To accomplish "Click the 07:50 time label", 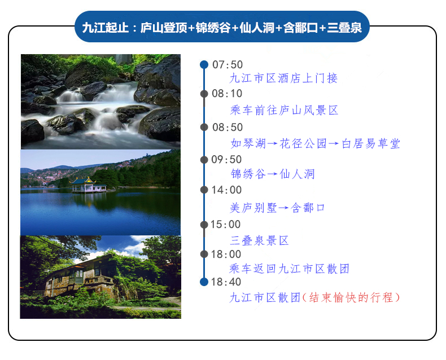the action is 228,65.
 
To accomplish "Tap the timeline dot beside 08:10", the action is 204,94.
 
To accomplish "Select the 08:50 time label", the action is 228,128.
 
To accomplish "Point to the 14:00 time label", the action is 226,190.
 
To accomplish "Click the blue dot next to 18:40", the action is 204,282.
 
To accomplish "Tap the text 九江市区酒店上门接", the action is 283,78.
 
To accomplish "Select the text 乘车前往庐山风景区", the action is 284,111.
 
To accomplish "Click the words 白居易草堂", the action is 371,143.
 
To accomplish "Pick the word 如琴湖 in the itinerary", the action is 248,143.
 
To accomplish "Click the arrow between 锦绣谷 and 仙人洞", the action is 272,174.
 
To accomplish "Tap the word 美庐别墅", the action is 253,208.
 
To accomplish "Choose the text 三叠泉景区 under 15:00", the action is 259,241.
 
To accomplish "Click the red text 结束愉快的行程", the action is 351,298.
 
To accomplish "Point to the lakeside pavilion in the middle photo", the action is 89,185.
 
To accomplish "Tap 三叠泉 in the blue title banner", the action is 344,28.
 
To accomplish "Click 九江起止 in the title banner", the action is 105,28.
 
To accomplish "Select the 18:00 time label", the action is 226,254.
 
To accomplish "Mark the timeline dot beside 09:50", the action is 204,160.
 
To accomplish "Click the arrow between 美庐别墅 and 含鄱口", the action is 284,208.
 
